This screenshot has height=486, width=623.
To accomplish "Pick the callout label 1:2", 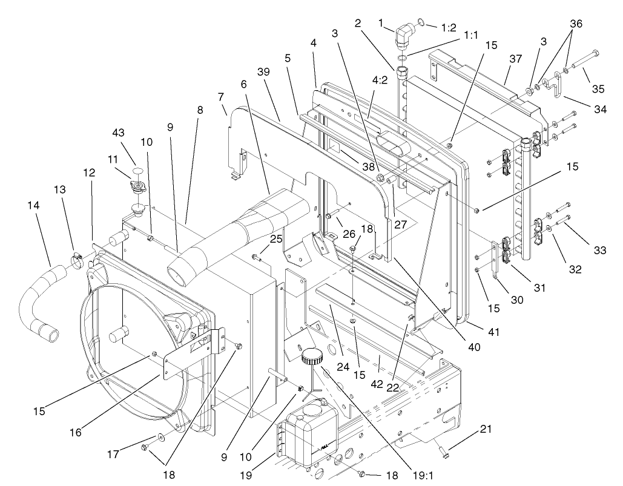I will [448, 27].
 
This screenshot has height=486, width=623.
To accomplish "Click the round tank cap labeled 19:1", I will [312, 356].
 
